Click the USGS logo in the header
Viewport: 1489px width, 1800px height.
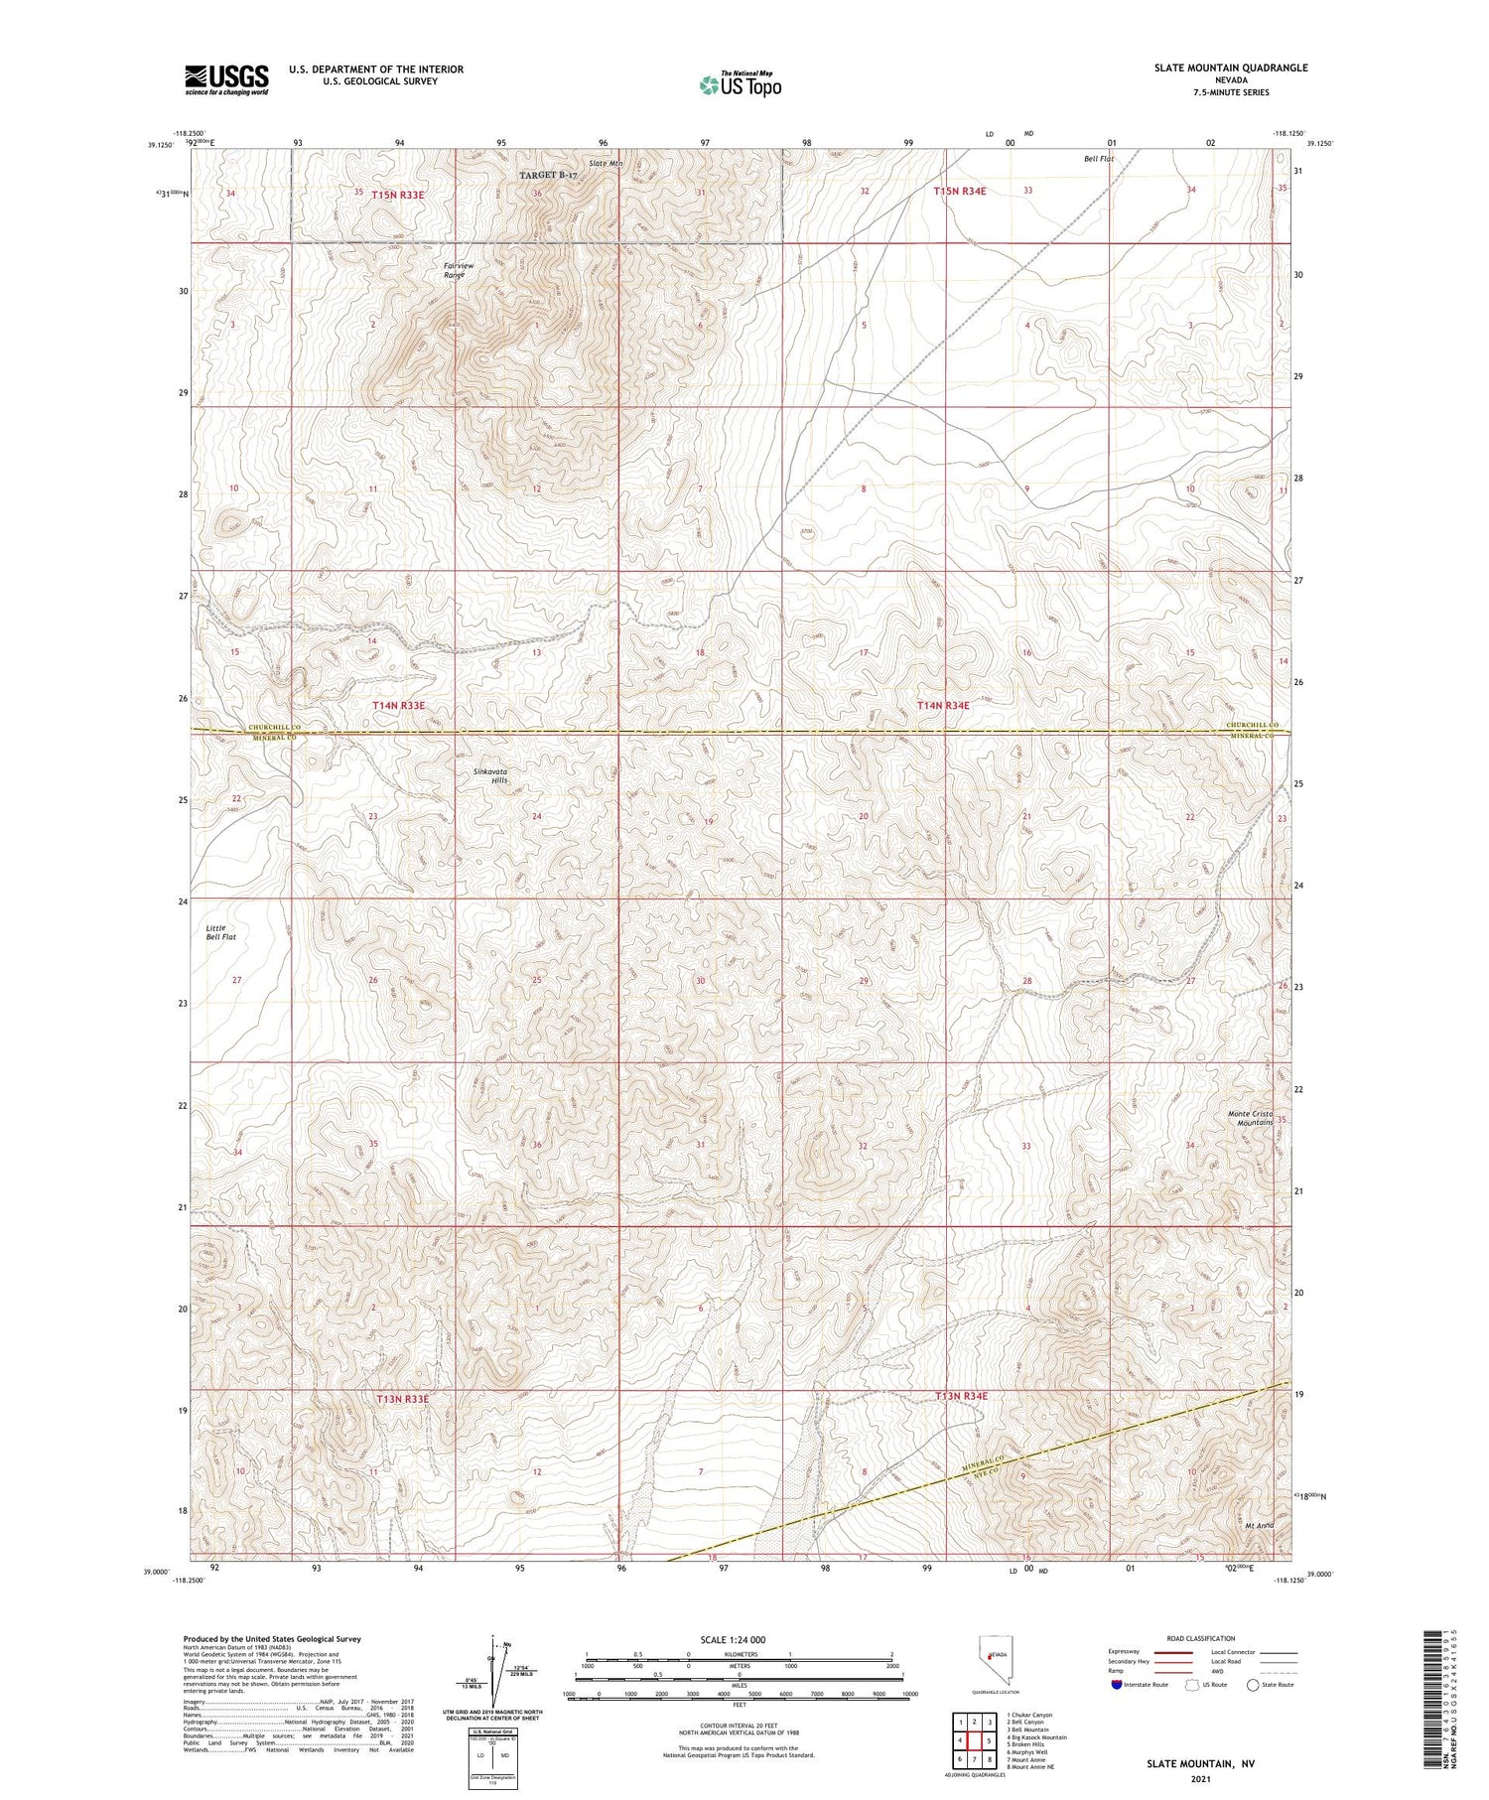pos(226,79)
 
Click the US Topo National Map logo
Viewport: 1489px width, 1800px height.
pos(740,84)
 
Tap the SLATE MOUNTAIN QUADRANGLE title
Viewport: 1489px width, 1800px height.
pos(1230,68)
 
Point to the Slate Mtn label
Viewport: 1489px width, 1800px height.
pos(606,164)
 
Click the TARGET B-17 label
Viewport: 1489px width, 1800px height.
pos(548,175)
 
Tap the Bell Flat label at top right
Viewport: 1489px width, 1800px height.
pos(1099,159)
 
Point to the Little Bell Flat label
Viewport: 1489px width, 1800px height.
pos(220,931)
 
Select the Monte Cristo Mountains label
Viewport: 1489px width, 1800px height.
pos(1250,1118)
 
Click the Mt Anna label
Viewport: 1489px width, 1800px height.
pos(1259,1525)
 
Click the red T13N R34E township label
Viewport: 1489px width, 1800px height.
pos(961,1396)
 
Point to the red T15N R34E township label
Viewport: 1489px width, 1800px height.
pos(959,191)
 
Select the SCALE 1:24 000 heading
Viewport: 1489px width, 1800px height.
pos(733,1639)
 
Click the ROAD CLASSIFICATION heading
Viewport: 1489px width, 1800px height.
pos(1200,1638)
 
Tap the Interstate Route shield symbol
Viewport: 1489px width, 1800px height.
pos(1118,1685)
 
